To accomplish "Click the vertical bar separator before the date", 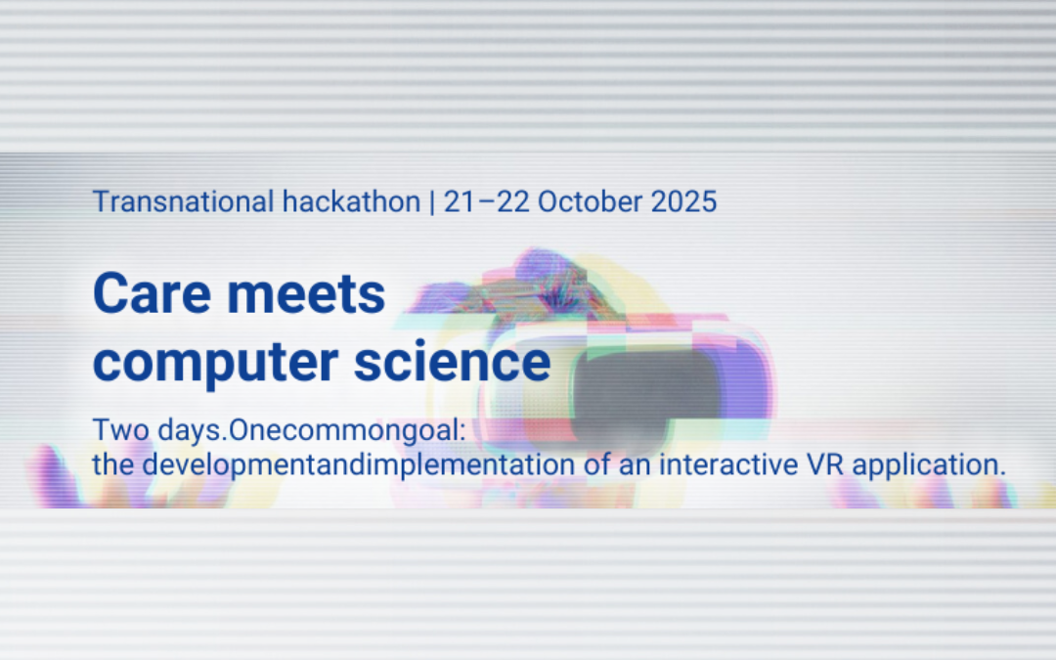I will point(431,202).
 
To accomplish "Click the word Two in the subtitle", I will point(114,430).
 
